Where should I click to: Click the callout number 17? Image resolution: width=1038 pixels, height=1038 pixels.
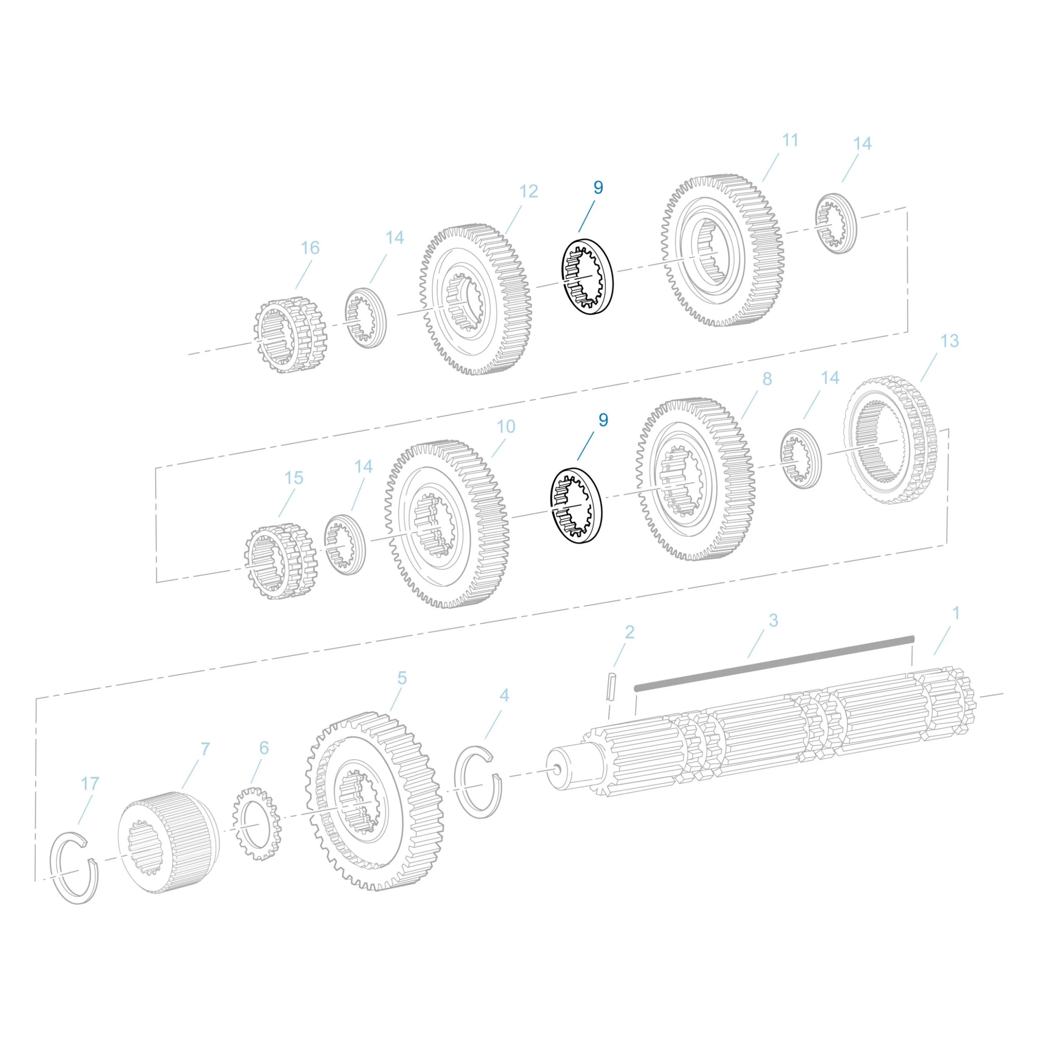tap(90, 783)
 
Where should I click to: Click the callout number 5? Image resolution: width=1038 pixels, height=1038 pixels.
tap(402, 678)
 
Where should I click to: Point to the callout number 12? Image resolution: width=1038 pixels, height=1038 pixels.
tap(529, 191)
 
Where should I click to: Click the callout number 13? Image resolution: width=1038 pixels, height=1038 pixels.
tap(949, 340)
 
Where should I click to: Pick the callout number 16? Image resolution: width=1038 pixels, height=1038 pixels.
tap(310, 248)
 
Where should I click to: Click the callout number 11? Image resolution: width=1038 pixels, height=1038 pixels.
tap(790, 140)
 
